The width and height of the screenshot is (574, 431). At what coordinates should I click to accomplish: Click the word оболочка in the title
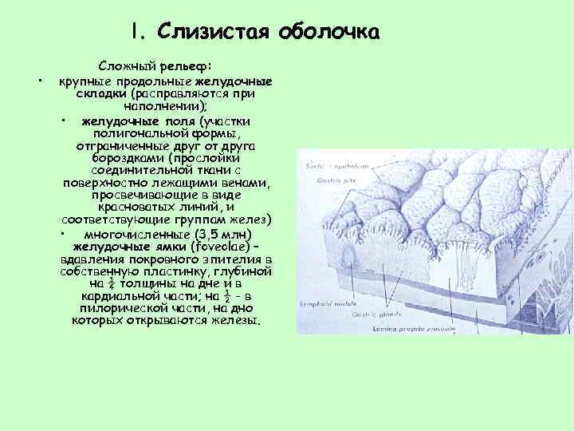point(329,32)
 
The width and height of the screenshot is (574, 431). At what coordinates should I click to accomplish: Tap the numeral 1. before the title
point(140,32)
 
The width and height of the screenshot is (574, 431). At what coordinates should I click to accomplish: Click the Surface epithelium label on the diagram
point(336,165)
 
